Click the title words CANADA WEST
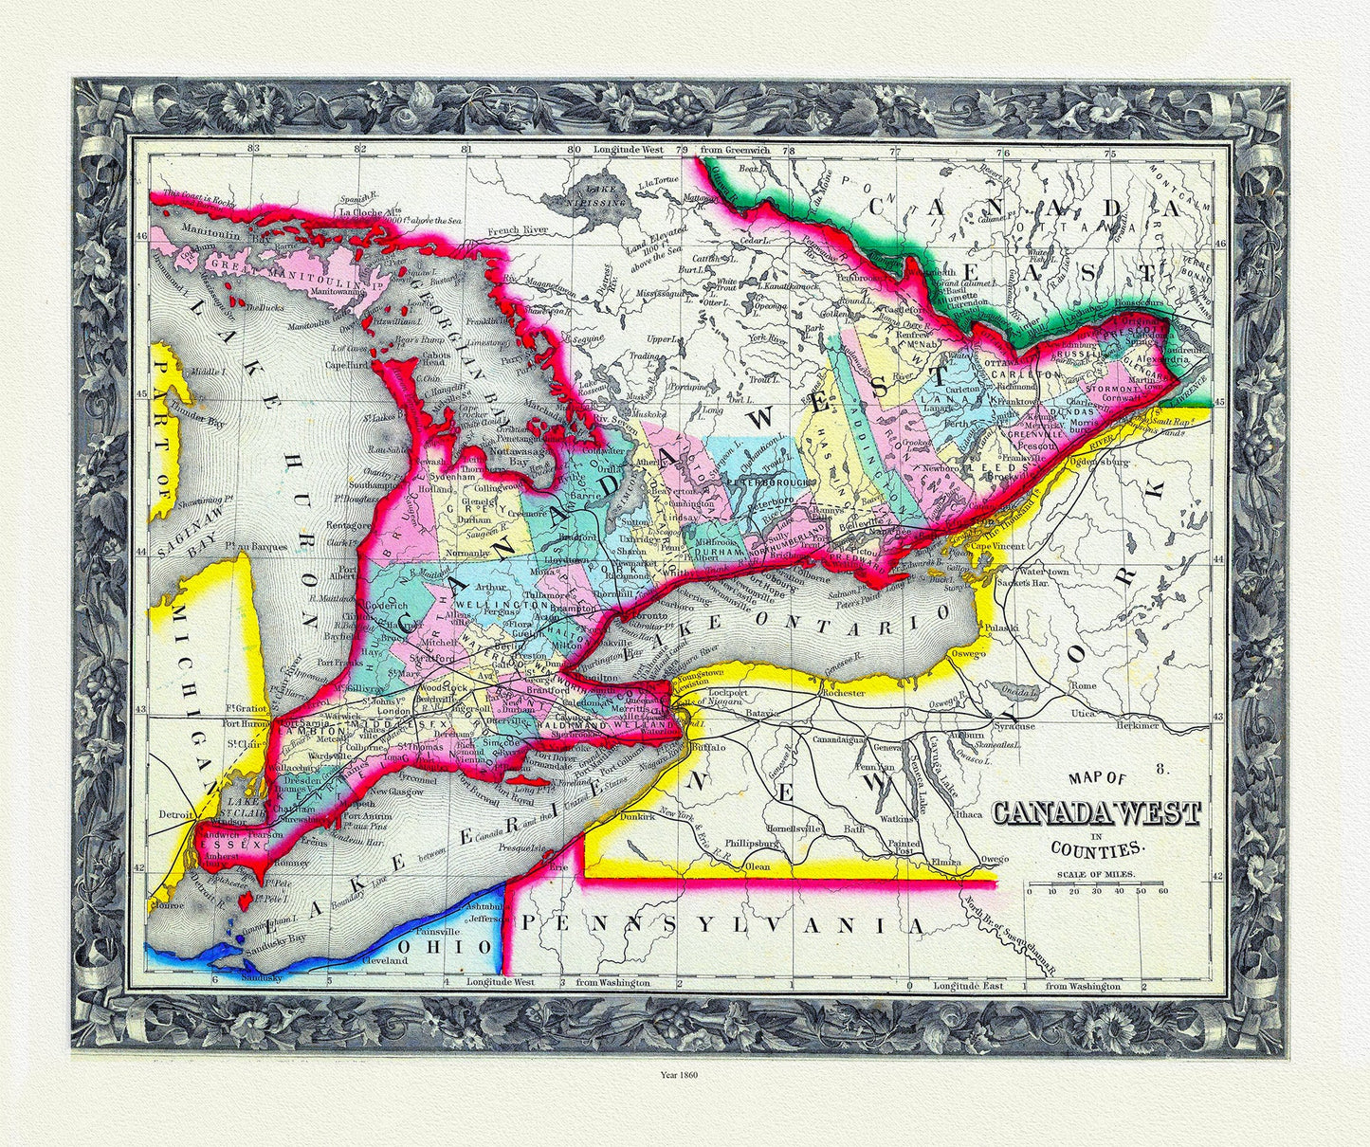point(1096,813)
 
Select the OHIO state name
point(422,946)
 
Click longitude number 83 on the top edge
point(251,149)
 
